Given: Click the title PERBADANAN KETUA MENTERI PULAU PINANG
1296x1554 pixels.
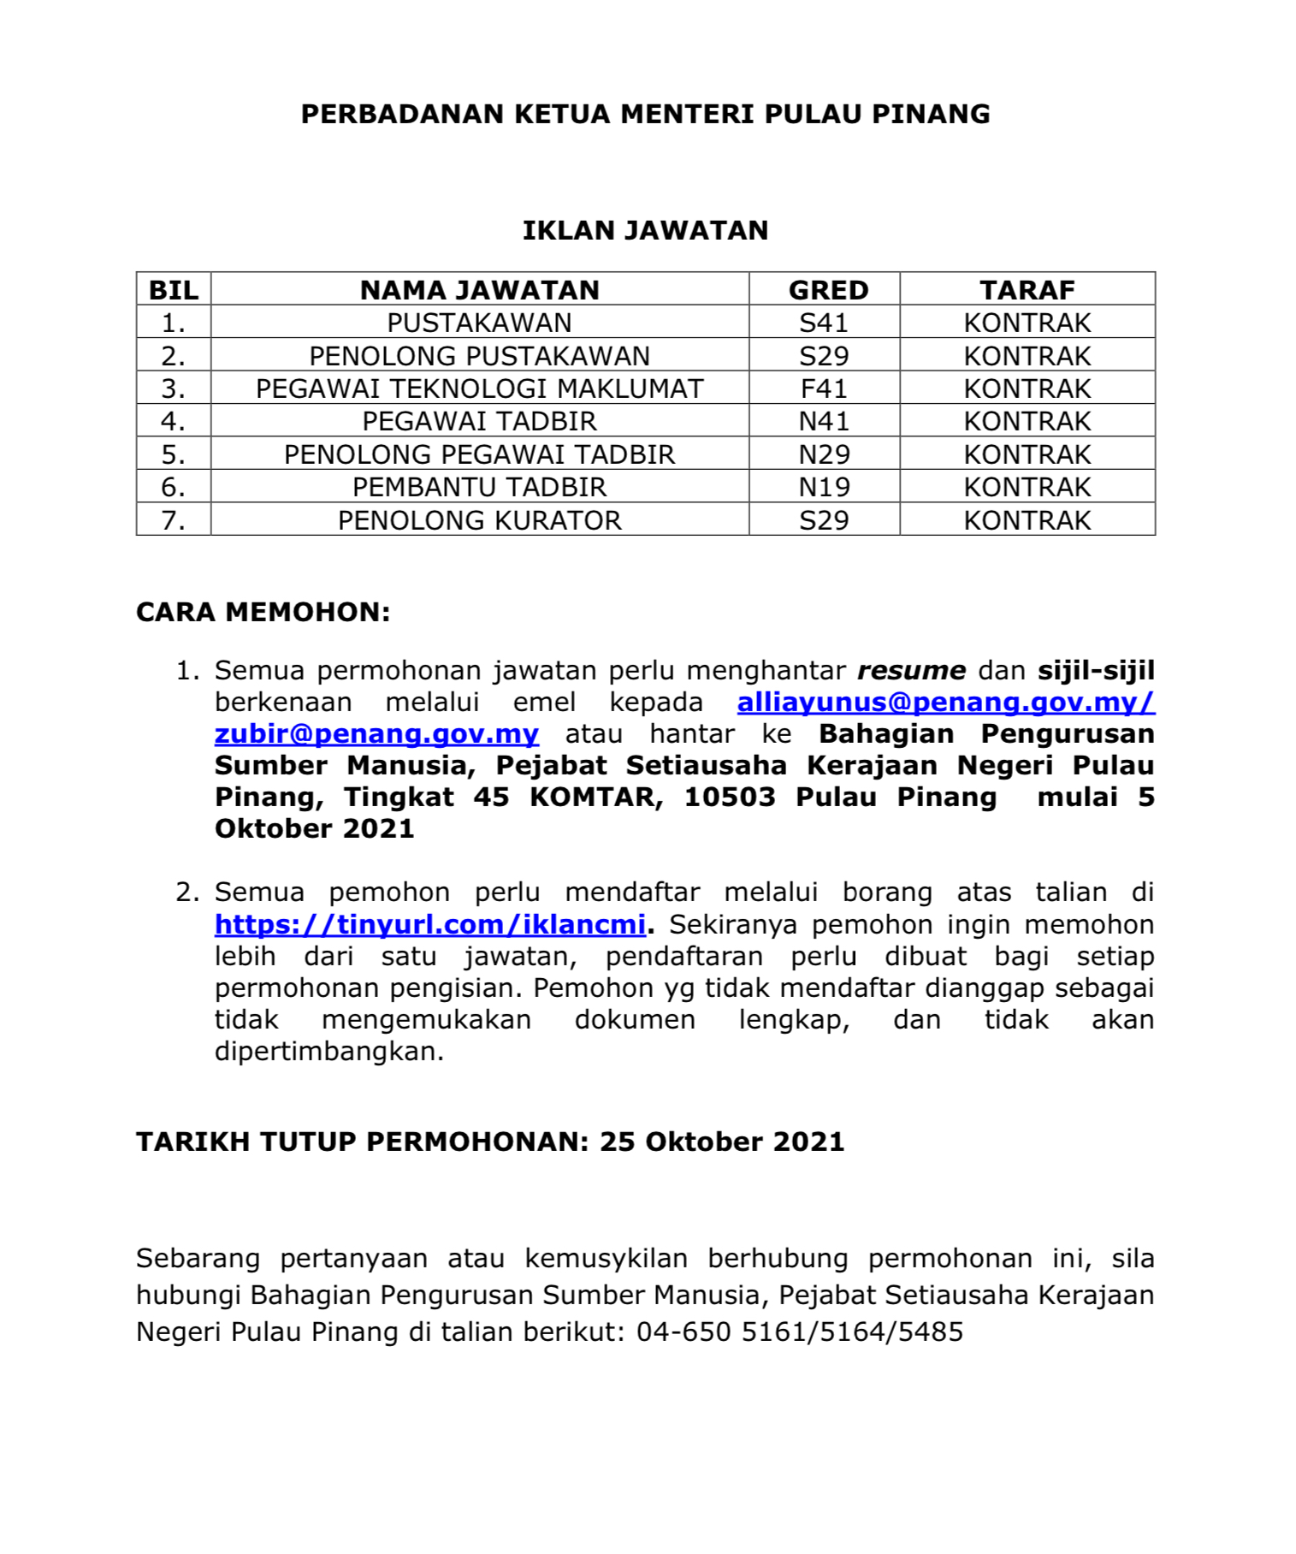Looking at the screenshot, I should [645, 114].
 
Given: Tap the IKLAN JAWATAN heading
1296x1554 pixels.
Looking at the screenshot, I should [645, 230].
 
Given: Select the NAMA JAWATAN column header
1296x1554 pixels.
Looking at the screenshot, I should [479, 290].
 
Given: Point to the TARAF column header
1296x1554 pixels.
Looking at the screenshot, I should [1027, 290].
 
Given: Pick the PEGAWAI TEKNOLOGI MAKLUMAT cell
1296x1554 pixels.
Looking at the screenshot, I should [479, 388].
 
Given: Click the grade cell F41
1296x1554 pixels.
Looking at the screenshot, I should [824, 388].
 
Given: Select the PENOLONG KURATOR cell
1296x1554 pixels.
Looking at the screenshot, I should [479, 520].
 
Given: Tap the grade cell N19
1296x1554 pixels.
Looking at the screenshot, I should [824, 487].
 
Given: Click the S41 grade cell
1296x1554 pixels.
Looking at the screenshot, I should [824, 323].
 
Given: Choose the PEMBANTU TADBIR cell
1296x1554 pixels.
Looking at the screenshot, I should [479, 487].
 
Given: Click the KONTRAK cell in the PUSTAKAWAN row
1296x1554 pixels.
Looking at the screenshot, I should [1027, 323].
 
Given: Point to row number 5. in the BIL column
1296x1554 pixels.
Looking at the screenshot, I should [174, 454].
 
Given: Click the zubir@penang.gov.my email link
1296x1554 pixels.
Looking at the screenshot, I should [376, 734].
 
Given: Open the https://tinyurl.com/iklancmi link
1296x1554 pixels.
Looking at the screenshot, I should [429, 925].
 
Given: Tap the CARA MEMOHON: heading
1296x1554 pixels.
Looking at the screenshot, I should [263, 613].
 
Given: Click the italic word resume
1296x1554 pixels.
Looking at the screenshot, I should [911, 670].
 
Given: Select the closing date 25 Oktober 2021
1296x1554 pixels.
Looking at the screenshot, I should [722, 1142].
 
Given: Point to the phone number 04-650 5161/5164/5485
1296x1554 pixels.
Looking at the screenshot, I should [800, 1332].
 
